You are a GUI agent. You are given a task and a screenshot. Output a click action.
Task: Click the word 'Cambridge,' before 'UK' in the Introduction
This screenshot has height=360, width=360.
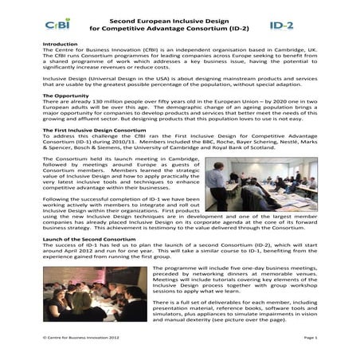coord(288,52)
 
